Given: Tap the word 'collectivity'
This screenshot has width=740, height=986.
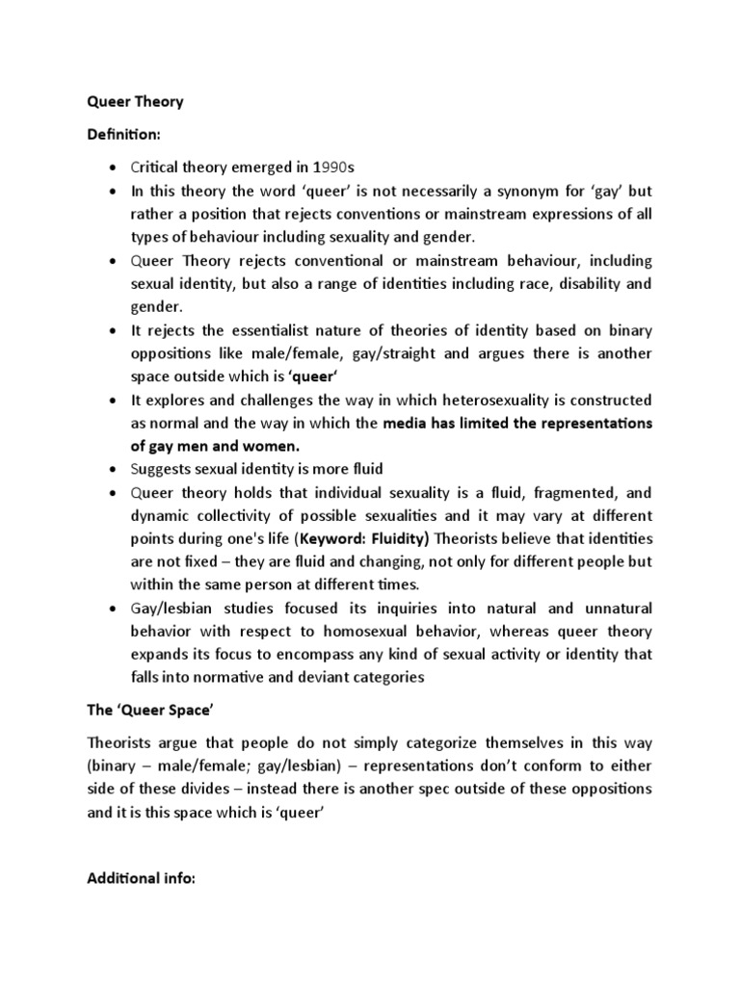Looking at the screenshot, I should (x=248, y=515).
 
